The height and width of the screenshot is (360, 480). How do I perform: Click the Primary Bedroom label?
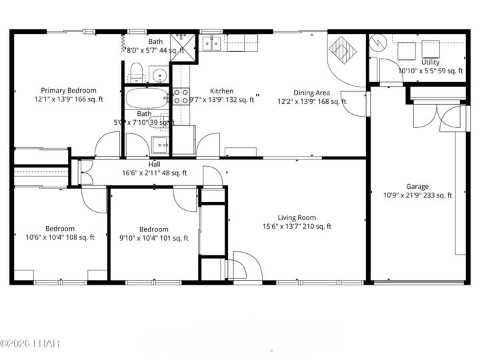[69, 91]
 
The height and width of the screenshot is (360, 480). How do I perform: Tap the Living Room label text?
[297, 217]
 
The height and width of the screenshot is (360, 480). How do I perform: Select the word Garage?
[417, 187]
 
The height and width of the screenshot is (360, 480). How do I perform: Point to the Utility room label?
[430, 62]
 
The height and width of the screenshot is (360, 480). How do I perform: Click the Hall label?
[154, 164]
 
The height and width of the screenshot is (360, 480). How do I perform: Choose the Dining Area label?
[312, 93]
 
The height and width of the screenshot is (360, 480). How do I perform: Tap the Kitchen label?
[222, 91]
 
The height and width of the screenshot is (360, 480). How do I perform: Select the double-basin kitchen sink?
[212, 44]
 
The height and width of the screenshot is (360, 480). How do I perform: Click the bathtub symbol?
[148, 99]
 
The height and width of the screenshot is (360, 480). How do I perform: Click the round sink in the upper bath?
[159, 73]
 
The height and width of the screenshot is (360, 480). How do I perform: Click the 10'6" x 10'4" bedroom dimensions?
[60, 237]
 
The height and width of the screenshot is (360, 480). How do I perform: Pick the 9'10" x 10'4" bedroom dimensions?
[154, 238]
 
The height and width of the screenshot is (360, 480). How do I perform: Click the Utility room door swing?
[386, 71]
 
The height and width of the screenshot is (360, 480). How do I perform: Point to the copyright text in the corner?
[30, 343]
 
